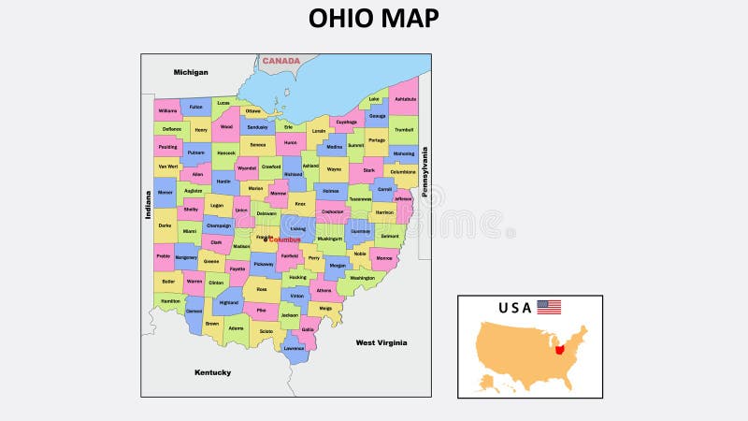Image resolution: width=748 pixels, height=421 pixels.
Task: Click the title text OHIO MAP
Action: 373,19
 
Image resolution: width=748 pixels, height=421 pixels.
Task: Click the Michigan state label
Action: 191,72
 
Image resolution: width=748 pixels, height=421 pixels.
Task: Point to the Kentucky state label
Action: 212,372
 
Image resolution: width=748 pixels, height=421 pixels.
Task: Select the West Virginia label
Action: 381,342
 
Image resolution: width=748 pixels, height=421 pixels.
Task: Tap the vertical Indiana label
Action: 148,205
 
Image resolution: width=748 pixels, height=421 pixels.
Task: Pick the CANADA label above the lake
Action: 280,62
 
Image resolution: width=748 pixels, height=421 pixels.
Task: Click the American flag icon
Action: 549,307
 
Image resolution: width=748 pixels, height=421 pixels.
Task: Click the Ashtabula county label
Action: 405,98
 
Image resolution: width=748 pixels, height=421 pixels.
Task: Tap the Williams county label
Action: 167,110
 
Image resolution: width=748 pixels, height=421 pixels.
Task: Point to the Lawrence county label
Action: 294,348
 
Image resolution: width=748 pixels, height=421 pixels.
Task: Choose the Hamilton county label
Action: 170,301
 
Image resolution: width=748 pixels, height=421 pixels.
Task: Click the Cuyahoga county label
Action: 346,122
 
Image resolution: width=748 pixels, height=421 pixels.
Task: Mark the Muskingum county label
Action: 330,239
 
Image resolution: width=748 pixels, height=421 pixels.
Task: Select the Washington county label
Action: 362,277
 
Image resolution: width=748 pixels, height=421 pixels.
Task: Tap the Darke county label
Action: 165,225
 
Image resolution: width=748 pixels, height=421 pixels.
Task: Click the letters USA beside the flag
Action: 514,307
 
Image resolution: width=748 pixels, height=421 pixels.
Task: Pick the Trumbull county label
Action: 404,130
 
